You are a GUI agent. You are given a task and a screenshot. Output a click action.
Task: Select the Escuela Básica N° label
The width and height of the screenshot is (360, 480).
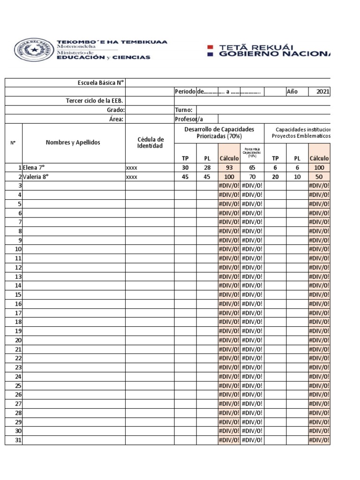pos(101,83)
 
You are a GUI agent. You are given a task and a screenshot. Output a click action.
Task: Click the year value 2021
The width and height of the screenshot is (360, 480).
pos(322,92)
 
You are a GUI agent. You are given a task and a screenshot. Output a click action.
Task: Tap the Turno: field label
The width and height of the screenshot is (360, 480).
pos(184,110)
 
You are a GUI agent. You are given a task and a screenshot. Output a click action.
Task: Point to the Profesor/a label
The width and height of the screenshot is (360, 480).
pos(190,119)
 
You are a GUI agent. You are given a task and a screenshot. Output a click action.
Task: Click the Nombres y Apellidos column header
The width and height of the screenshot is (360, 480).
pos(73,142)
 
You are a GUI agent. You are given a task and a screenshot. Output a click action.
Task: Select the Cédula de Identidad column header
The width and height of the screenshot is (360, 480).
pos(150,142)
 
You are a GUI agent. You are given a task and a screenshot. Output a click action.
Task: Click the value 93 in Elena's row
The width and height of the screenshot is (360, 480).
pos(229,168)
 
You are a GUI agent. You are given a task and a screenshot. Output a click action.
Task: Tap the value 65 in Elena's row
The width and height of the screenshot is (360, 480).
pos(252,168)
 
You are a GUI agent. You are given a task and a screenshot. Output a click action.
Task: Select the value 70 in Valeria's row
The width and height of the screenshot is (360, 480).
pos(252,177)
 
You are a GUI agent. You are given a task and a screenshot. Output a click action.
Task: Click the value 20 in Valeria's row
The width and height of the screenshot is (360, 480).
pos(275,177)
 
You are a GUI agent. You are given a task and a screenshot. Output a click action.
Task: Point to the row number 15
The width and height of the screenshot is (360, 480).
pos(18,295)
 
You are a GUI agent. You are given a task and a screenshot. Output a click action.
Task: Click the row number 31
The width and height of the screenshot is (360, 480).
pos(18,440)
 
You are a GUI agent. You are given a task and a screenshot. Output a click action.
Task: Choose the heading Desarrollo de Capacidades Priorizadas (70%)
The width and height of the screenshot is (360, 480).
pos(219,133)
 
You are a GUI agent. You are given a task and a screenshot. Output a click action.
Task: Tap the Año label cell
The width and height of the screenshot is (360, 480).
pos(292,92)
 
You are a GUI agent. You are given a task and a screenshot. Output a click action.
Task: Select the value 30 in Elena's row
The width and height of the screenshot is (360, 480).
pos(185,168)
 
